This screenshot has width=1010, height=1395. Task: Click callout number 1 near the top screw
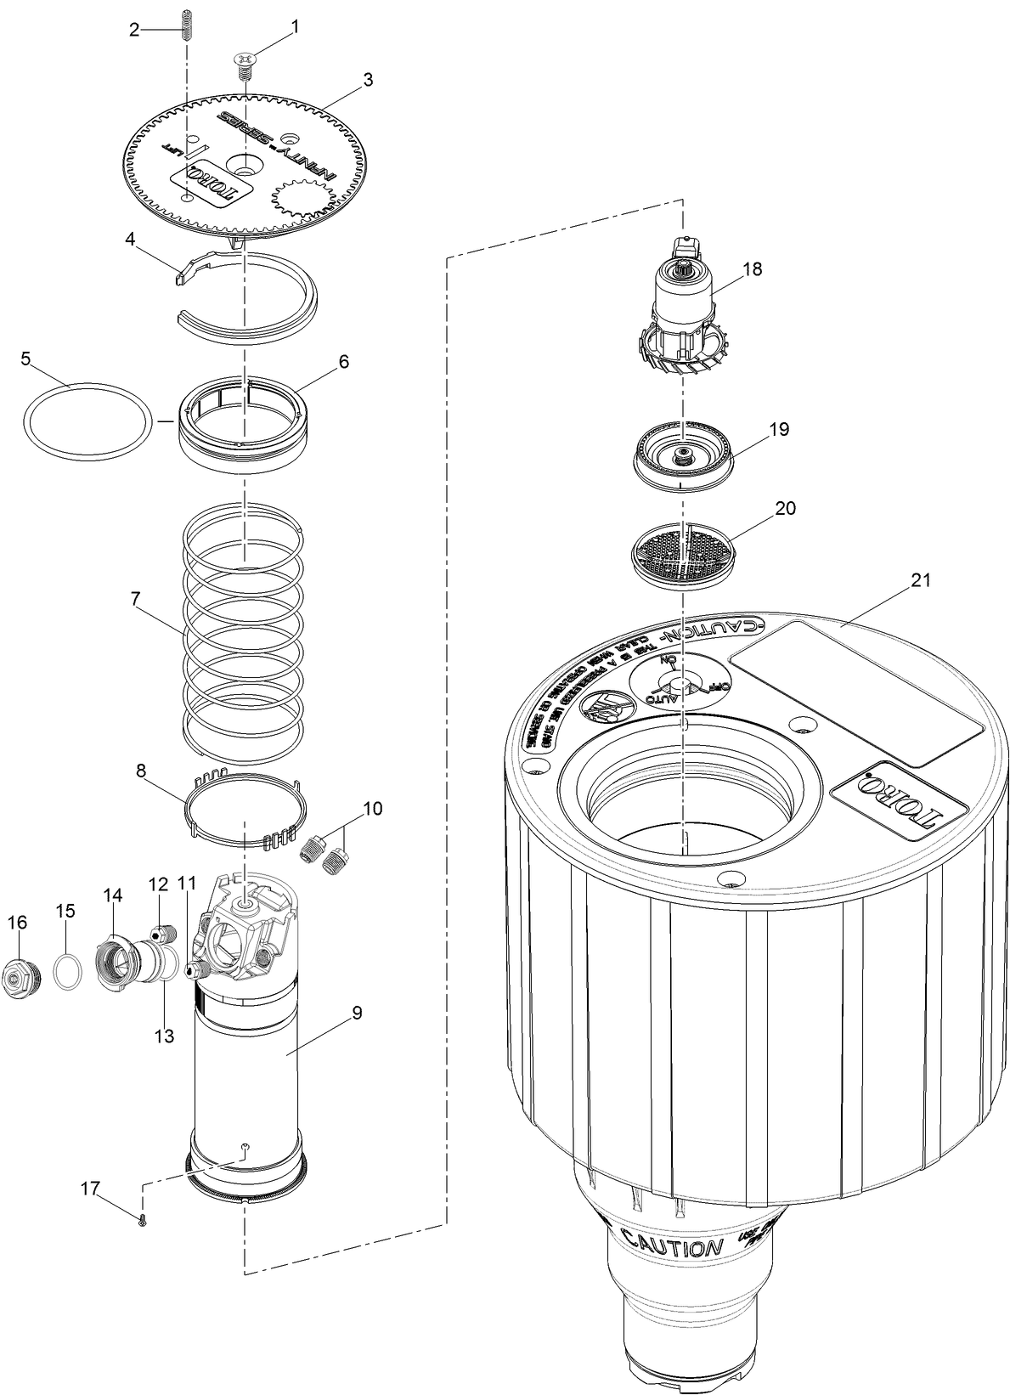click(x=295, y=26)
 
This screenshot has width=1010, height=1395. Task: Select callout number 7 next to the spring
click(x=135, y=598)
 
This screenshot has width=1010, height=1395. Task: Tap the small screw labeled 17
click(x=142, y=1222)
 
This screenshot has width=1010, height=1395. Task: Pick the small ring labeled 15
click(x=66, y=970)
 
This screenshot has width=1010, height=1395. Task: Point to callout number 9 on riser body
click(x=357, y=1013)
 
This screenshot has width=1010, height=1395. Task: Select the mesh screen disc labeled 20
click(x=685, y=552)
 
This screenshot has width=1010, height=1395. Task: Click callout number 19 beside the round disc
click(x=779, y=429)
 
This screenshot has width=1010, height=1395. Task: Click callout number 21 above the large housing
click(x=922, y=580)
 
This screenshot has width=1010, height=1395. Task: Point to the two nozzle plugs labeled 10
click(x=326, y=852)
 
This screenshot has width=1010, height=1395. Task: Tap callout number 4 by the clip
click(x=130, y=239)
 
